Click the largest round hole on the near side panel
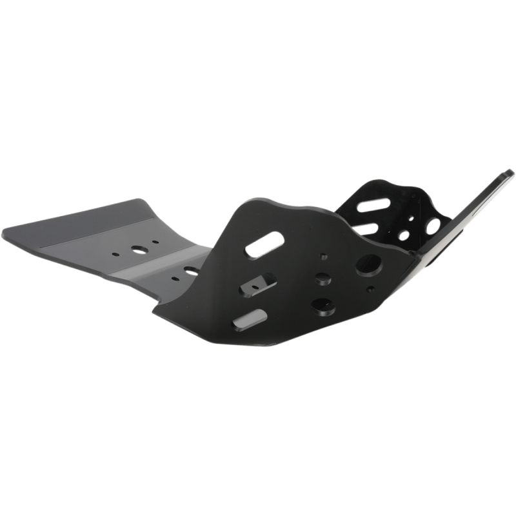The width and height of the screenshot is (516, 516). pos(369,264)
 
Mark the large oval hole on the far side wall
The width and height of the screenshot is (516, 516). pos(433,226)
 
